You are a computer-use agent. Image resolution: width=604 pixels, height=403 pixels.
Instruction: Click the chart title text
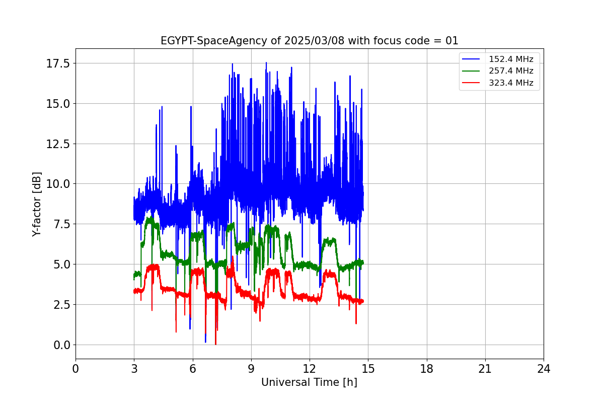pos(309,41)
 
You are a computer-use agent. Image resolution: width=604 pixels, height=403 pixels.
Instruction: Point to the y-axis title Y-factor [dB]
pos(37,204)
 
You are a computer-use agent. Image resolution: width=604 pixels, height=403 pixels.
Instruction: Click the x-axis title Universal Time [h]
pos(309,382)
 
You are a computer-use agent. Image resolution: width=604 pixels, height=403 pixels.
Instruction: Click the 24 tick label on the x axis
pos(544,369)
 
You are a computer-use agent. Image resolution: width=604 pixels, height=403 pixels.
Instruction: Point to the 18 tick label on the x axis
pos(426,369)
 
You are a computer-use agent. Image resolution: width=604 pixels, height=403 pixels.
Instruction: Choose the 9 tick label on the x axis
pos(251,369)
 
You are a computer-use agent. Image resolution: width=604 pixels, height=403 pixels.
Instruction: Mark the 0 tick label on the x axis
pos(75,369)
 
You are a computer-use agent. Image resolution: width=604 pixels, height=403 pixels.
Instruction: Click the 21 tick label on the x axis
pos(485,369)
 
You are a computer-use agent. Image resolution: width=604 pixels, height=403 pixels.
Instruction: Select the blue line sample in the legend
pos(471,59)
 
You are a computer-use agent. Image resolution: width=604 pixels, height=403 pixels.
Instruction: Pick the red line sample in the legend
pos(471,83)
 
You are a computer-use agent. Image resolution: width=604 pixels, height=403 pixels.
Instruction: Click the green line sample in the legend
pos(471,71)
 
